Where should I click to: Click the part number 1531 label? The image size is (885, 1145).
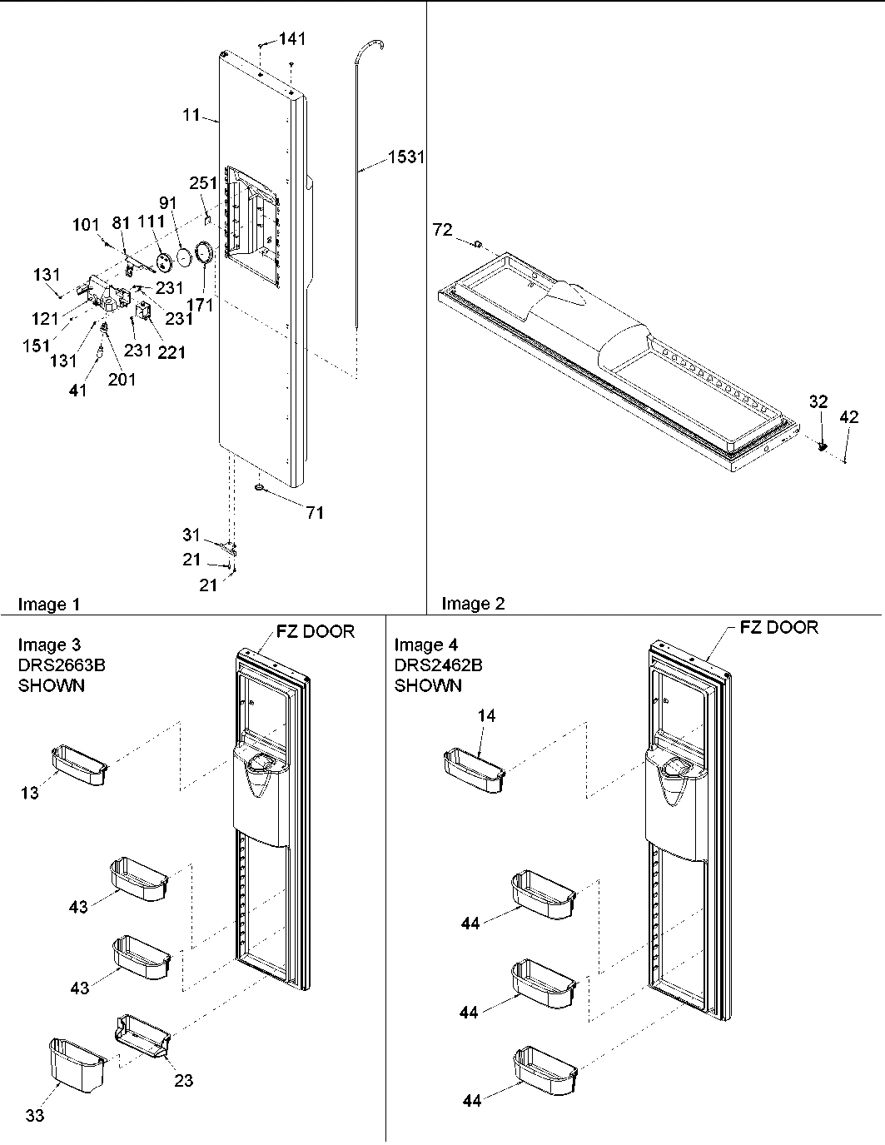[405, 157]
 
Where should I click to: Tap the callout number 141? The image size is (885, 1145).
[291, 38]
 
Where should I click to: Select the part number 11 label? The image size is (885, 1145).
[192, 115]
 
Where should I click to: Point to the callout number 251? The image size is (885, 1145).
[203, 183]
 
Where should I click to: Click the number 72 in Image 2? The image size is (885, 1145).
[443, 230]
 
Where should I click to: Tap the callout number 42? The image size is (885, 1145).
[848, 418]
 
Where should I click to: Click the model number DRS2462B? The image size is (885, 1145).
[438, 665]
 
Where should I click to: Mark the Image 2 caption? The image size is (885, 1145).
[473, 604]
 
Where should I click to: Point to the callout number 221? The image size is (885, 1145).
[172, 352]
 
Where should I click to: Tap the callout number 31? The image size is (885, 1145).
[191, 535]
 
